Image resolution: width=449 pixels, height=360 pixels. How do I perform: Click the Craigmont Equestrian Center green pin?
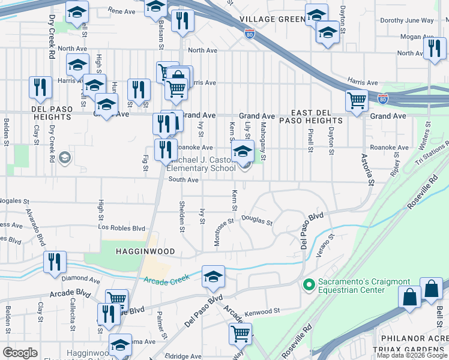click(x=310, y=284)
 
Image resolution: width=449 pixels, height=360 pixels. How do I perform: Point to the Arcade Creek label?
click(x=166, y=278)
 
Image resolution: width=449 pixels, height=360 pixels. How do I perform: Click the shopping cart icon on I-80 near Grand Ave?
click(x=357, y=101)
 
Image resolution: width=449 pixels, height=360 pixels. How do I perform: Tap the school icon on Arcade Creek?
click(x=213, y=277)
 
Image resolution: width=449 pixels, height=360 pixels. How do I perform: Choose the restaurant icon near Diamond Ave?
click(x=54, y=262)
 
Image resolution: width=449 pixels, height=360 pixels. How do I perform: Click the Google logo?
click(x=20, y=353)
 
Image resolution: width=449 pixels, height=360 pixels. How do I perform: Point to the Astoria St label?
click(x=368, y=169)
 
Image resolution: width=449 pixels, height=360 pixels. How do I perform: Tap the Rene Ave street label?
click(x=122, y=11)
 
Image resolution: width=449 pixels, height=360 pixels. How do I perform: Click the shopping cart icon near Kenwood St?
click(x=240, y=333)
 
